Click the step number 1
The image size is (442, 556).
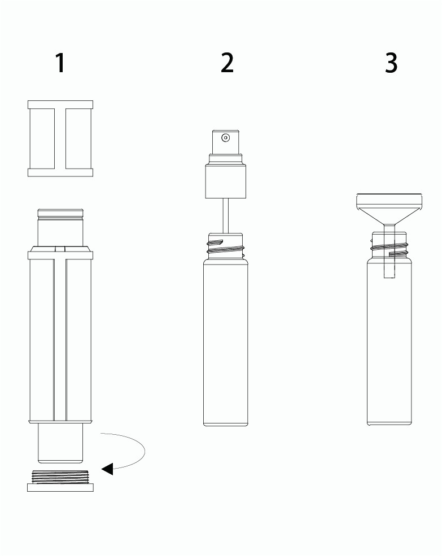click(x=60, y=63)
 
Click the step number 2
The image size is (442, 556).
click(x=227, y=63)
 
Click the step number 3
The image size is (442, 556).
click(x=391, y=63)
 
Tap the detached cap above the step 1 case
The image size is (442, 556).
click(x=60, y=138)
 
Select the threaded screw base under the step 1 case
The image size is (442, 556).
click(x=60, y=481)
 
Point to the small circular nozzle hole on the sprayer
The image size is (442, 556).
click(x=225, y=138)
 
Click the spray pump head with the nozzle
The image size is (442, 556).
click(x=225, y=142)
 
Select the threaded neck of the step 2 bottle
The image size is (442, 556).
click(x=226, y=246)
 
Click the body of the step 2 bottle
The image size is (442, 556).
click(x=226, y=342)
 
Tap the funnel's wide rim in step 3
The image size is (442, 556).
click(x=390, y=200)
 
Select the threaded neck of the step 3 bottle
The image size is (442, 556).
click(x=390, y=245)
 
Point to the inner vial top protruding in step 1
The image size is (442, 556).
click(x=60, y=227)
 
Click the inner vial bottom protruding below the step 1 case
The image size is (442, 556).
click(x=60, y=443)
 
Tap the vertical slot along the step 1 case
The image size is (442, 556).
click(x=60, y=339)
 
